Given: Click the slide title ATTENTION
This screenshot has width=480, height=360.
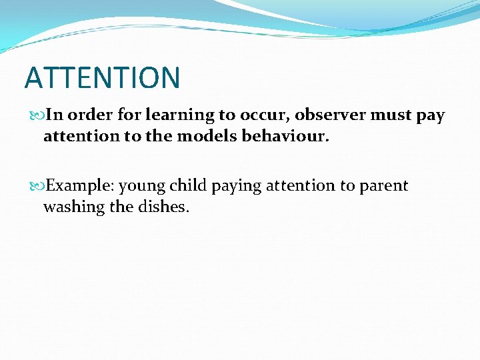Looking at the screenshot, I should click(x=102, y=77).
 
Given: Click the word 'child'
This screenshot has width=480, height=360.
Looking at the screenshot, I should click(x=188, y=185).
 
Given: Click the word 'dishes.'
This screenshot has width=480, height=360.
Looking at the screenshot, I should click(x=164, y=207).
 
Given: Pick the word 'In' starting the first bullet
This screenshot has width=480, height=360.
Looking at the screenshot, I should click(x=55, y=115).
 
